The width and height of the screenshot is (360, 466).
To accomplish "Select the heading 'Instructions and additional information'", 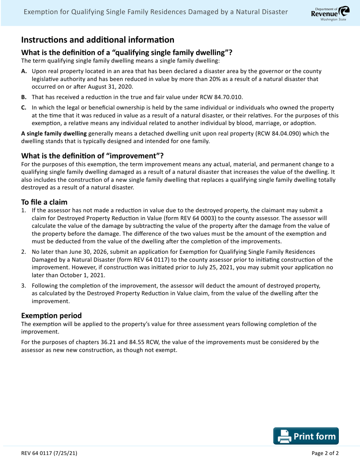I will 98,39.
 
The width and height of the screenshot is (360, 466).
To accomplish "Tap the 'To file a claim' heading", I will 44,202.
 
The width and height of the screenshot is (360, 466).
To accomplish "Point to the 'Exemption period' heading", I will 51,315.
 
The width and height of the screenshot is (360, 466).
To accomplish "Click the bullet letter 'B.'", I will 23,97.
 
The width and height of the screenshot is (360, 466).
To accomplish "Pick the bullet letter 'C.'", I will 23,108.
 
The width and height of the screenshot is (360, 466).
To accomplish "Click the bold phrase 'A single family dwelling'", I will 54,133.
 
